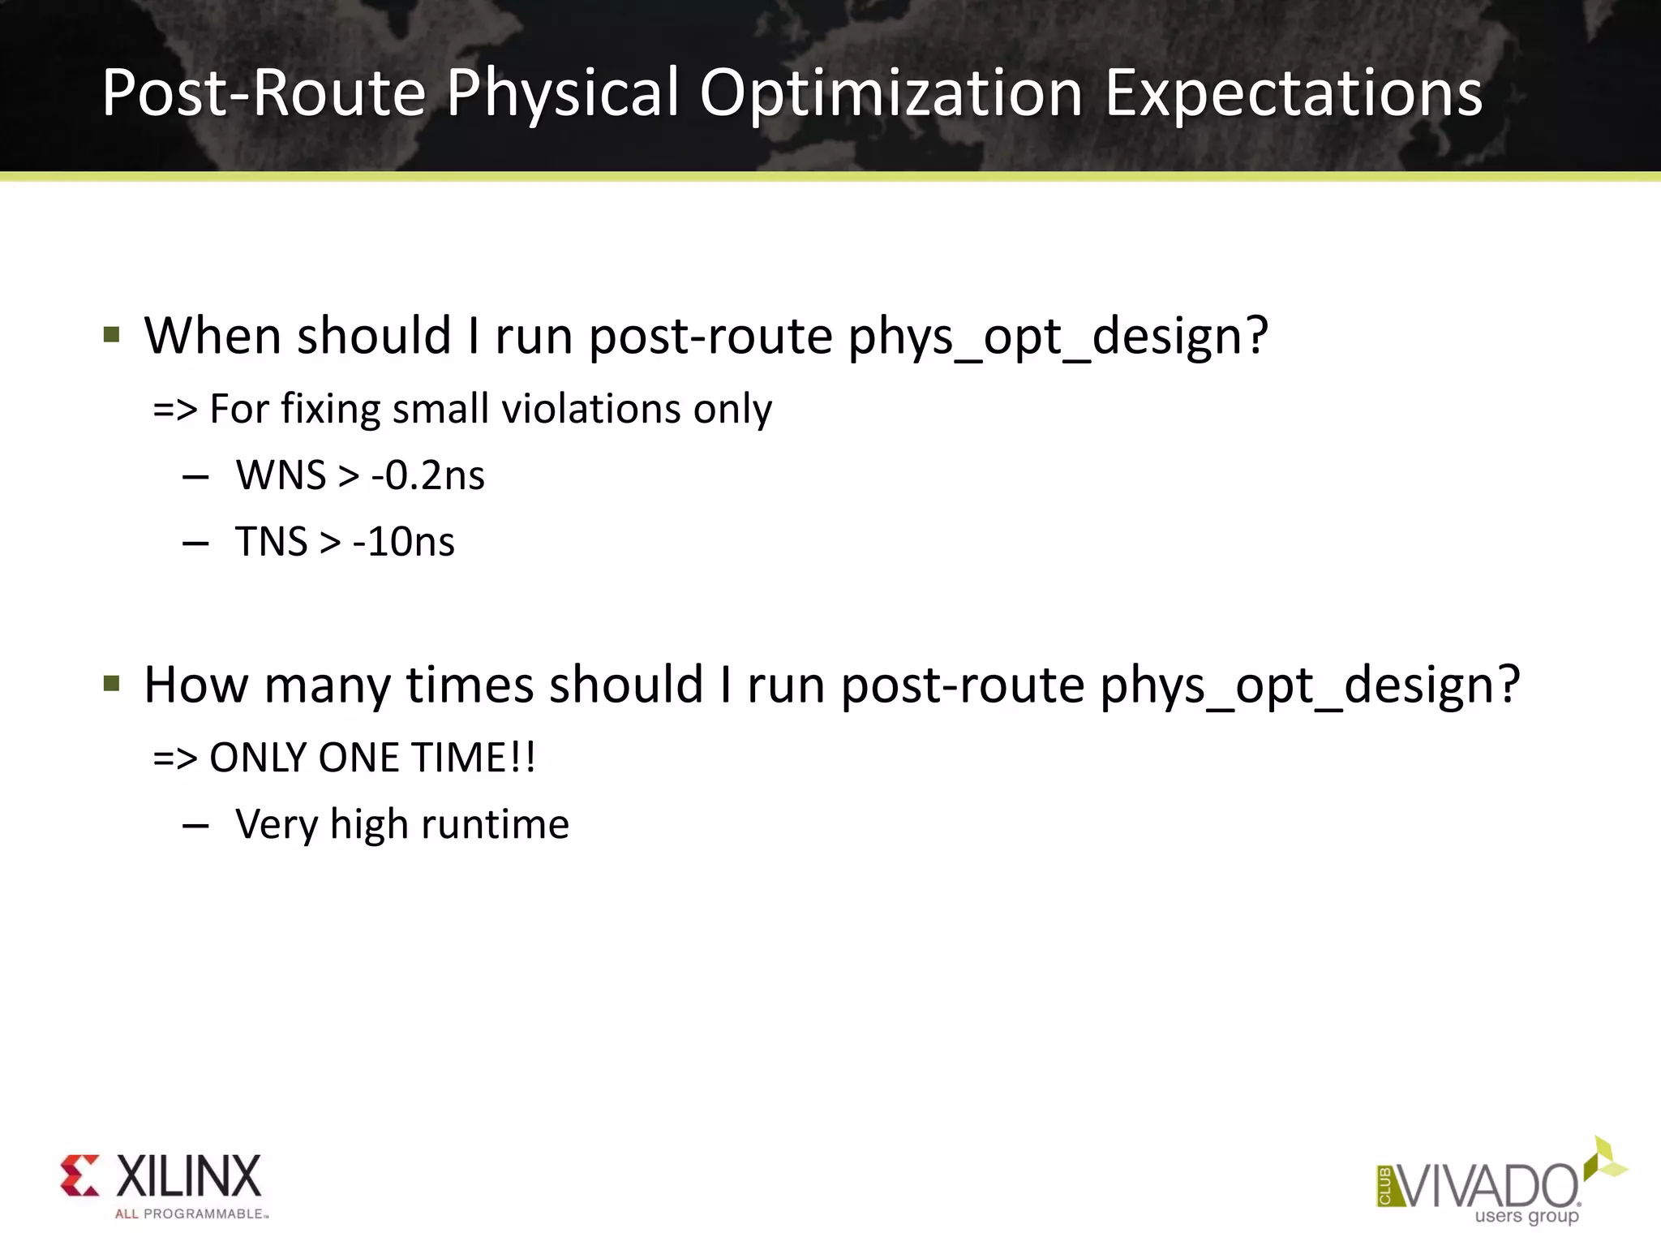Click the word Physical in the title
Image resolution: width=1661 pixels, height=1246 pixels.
pos(563,94)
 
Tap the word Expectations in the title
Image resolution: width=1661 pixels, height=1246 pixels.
pos(1294,94)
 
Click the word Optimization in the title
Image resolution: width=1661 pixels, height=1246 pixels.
pos(891,94)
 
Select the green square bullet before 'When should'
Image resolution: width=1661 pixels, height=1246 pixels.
pos(112,335)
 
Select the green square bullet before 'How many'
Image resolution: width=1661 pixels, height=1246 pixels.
pos(112,684)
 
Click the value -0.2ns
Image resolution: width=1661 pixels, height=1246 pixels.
pos(427,475)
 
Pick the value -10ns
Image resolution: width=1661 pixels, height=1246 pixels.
pos(403,542)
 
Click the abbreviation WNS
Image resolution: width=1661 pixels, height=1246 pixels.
pos(281,475)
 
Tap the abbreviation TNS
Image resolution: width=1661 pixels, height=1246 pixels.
pos(271,542)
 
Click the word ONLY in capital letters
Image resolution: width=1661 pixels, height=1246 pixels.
pos(258,758)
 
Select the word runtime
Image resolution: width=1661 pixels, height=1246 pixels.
pos(495,824)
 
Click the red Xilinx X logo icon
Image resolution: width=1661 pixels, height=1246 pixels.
pos(79,1175)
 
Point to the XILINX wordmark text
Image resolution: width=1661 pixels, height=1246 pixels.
pos(189,1176)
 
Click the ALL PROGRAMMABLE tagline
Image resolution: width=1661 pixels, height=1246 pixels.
pos(190,1214)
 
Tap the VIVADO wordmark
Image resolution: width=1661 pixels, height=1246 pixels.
pos(1488,1186)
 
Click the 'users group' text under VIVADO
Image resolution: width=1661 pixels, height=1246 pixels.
pos(1526,1216)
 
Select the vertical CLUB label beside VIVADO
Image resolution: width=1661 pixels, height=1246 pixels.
pos(1384,1187)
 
